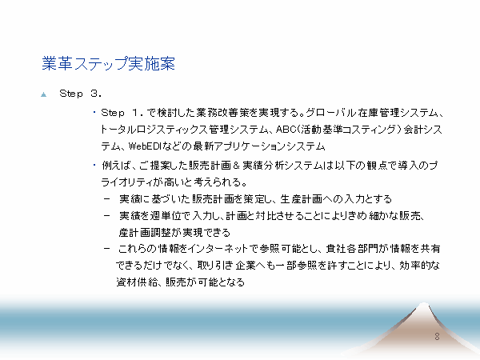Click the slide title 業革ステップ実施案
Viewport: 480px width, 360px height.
click(x=108, y=64)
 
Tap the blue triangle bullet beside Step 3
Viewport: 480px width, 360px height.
click(x=44, y=94)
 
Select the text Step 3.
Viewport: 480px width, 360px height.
click(x=80, y=94)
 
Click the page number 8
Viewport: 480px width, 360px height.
click(x=437, y=337)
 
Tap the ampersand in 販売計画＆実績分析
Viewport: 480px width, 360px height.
click(x=236, y=166)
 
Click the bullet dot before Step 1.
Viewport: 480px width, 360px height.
click(x=94, y=112)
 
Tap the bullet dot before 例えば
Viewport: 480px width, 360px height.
click(x=94, y=165)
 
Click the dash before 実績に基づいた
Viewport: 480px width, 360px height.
click(x=107, y=199)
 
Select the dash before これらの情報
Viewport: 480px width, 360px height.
click(x=107, y=249)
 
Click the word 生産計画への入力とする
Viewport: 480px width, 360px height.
click(x=336, y=199)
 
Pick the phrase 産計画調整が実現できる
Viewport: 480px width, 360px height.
click(x=174, y=233)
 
